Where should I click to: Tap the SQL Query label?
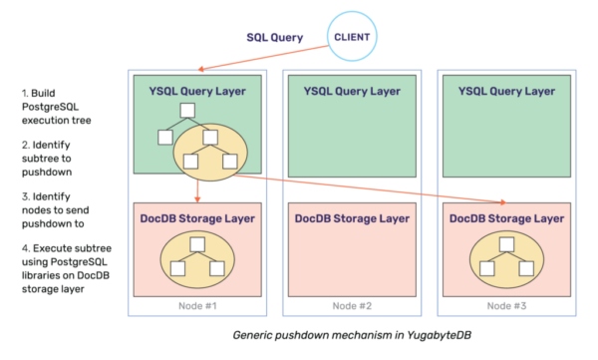[275, 38]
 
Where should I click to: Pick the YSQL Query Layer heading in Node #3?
[506, 92]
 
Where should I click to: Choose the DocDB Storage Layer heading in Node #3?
[506, 217]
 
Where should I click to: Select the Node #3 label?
[506, 304]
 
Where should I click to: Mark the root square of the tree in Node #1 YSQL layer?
[185, 110]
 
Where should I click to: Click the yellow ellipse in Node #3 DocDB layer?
[506, 257]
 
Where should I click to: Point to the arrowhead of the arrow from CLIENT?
[199, 71]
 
